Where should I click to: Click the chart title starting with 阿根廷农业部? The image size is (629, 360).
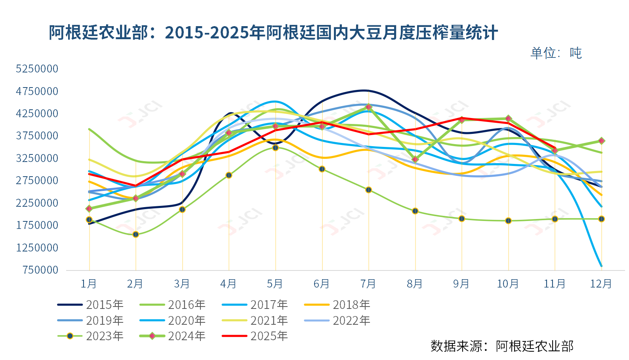[273, 32]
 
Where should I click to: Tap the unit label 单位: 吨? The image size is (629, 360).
[556, 53]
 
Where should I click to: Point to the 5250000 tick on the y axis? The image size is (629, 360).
[37, 69]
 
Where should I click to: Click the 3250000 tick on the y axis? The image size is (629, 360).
[37, 158]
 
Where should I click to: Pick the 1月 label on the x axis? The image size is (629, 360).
[89, 284]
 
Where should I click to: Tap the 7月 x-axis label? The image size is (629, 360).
[368, 284]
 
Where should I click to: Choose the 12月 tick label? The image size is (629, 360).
[601, 284]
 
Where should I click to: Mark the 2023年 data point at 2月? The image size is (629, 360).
[135, 234]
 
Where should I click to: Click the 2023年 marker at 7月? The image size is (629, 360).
[368, 190]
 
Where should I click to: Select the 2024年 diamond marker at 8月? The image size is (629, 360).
[415, 160]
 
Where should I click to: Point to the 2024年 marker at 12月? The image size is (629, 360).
[601, 141]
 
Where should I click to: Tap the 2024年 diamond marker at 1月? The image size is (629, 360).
[89, 209]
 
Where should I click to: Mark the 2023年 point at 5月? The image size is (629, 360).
[275, 148]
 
